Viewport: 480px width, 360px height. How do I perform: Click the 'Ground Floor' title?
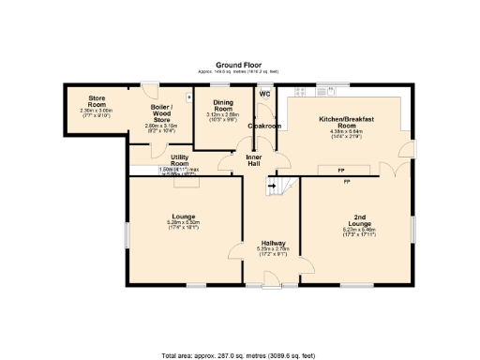pyautogui.click(x=239, y=65)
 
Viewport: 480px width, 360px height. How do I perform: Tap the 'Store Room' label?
pyautogui.click(x=97, y=100)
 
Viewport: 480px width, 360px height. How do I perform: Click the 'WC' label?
pyautogui.click(x=266, y=94)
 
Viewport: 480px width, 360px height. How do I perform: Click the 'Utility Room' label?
pyautogui.click(x=180, y=160)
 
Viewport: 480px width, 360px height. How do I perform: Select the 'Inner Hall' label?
pyautogui.click(x=253, y=160)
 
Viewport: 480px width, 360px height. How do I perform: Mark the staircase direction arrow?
pyautogui.click(x=273, y=187)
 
